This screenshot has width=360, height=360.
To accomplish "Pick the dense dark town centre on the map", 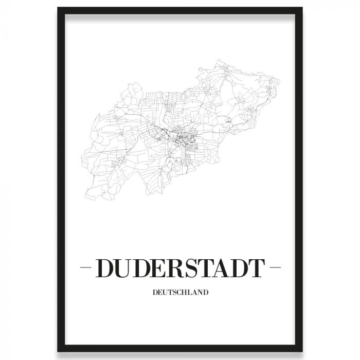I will pos(183,137).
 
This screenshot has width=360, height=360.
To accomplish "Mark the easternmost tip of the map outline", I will pos(280,81).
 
